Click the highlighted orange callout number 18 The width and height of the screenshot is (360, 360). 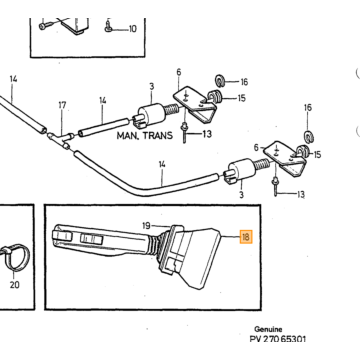(x=246, y=237)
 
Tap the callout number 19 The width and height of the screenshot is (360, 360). (x=146, y=226)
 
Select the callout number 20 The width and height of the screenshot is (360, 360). (x=15, y=285)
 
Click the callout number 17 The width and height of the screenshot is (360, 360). (x=62, y=105)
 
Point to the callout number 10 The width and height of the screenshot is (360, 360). (x=133, y=29)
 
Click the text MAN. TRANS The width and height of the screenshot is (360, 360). (x=145, y=136)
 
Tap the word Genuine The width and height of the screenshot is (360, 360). (x=268, y=329)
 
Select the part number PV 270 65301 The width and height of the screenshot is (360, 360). (x=277, y=339)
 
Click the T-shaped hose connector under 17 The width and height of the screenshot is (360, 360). (x=60, y=139)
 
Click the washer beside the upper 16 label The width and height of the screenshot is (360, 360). (x=219, y=80)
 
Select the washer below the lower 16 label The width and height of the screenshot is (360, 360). (x=309, y=136)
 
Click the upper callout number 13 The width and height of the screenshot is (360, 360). (x=207, y=134)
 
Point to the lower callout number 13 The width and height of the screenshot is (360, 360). (x=301, y=194)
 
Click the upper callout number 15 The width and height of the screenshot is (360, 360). (x=241, y=98)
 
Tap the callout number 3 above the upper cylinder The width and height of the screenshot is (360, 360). (x=152, y=87)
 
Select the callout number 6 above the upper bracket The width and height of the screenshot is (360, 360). (x=179, y=72)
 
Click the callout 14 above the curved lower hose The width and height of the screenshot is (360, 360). (x=162, y=164)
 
